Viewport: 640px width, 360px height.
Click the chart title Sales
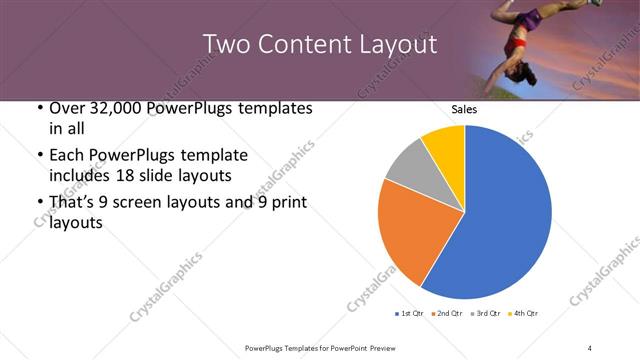tap(464, 109)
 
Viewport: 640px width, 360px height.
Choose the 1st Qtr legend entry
tap(411, 314)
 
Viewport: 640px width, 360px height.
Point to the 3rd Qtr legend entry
tap(487, 314)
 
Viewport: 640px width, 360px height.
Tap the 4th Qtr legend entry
tap(525, 314)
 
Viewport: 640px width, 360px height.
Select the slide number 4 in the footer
tap(589, 347)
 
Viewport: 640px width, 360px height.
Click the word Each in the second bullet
tap(67, 155)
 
